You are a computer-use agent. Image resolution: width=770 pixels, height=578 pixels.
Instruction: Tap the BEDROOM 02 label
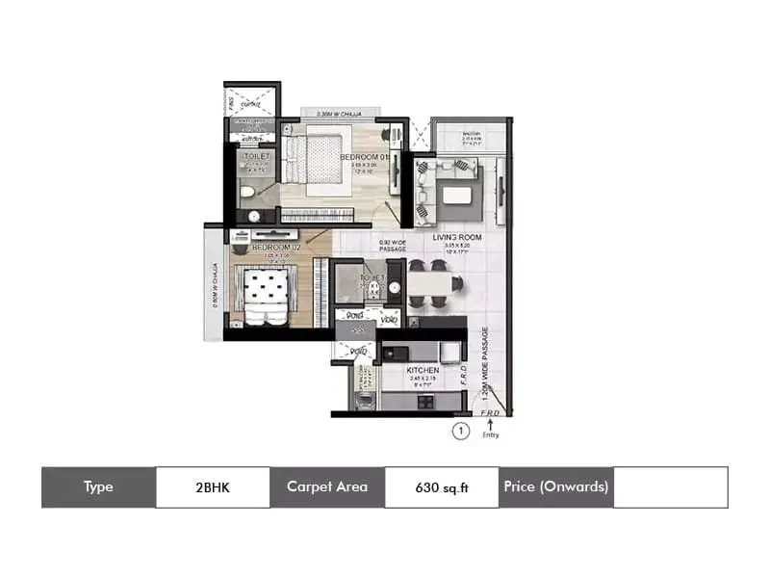tap(277, 247)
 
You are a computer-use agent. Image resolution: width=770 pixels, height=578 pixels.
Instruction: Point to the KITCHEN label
tap(423, 370)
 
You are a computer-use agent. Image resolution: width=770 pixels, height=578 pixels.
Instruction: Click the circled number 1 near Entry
tap(461, 432)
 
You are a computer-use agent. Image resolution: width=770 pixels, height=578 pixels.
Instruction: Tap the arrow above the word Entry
tap(491, 423)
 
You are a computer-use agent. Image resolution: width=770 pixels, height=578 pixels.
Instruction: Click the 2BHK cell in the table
tap(213, 487)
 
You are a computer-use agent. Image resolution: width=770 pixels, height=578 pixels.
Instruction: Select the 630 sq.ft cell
tap(442, 487)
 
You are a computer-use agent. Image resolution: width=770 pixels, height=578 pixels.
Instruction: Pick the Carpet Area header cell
tap(327, 487)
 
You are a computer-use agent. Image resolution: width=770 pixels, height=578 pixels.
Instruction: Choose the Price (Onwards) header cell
tap(556, 487)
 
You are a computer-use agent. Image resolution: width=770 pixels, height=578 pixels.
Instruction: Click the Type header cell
tap(98, 487)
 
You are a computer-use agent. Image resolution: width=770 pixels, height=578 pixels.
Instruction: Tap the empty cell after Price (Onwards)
tap(670, 487)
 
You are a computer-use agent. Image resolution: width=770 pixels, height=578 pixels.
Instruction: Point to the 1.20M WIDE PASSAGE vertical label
tap(487, 366)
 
